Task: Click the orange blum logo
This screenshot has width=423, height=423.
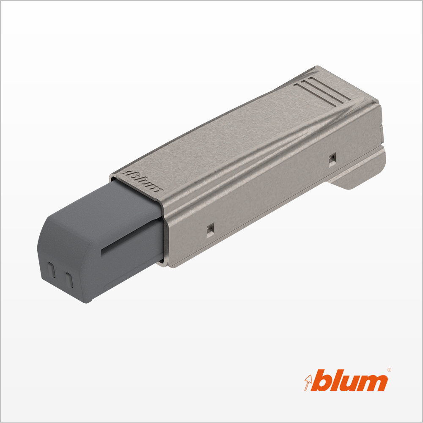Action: click(346, 380)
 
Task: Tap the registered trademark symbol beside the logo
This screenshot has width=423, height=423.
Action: click(389, 370)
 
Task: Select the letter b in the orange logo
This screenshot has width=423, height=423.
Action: click(321, 380)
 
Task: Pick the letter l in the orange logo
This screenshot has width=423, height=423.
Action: click(336, 380)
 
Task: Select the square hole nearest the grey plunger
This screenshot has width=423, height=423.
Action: click(210, 230)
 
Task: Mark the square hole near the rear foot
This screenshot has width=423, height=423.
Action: click(332, 159)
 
